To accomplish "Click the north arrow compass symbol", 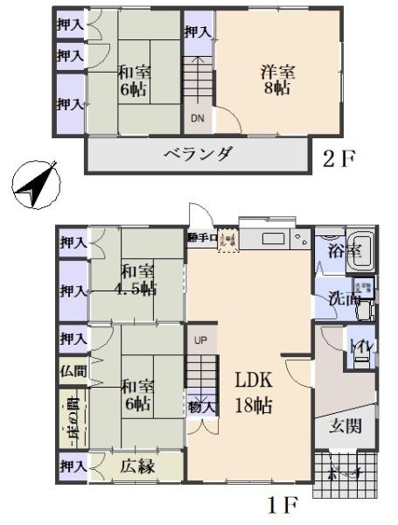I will coord(32,185).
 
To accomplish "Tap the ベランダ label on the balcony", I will coord(198,155).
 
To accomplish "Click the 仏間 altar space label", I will coord(72,370).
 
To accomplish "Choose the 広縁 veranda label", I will coord(137,467).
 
